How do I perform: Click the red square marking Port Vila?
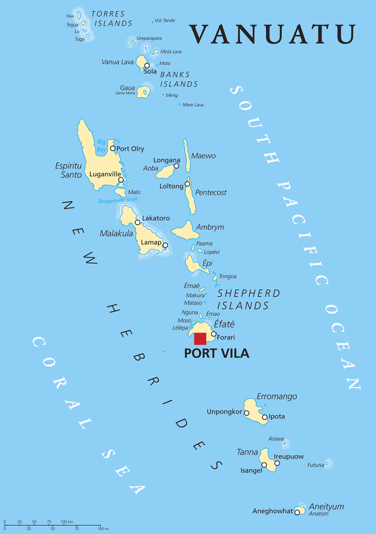coord(200,338)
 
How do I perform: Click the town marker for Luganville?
coord(121,180)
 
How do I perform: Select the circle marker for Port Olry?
coord(112,148)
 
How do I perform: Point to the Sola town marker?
coord(147,65)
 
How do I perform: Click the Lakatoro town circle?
coord(137,222)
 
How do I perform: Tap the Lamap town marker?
coord(165,245)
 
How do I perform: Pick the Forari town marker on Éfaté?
coord(213,334)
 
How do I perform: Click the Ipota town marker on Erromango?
coord(264,417)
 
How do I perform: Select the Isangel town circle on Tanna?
coord(264,465)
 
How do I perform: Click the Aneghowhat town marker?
coord(297,512)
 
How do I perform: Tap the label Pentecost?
coord(211,193)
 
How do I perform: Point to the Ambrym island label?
coord(210,227)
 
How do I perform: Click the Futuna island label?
coord(316,465)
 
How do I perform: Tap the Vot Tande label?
coord(165,20)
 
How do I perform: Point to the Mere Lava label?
coord(193,105)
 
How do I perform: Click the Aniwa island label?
coord(276,439)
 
